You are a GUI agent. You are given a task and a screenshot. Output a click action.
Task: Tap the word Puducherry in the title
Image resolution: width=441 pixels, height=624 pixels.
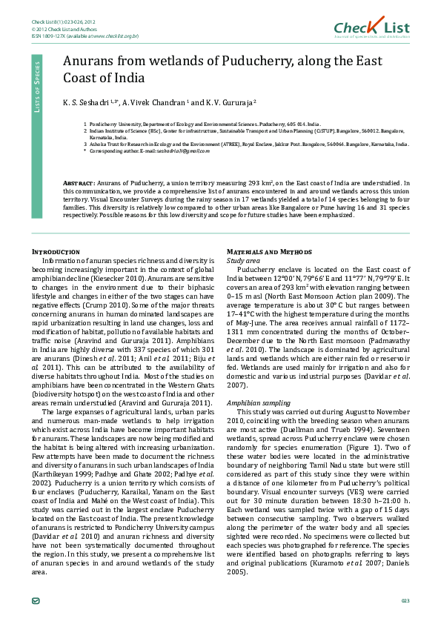click(x=239, y=62)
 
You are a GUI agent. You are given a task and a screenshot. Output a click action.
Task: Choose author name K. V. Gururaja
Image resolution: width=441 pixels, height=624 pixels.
click(x=227, y=102)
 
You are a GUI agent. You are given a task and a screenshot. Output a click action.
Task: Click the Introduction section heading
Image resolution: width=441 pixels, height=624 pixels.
click(x=55, y=251)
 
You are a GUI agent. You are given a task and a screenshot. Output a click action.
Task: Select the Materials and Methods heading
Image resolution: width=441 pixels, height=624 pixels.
click(x=269, y=251)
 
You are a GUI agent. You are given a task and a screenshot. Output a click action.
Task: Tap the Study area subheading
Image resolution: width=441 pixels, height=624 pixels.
click(x=243, y=261)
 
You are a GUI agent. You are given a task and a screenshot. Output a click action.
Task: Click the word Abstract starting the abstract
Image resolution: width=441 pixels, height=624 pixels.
click(x=79, y=182)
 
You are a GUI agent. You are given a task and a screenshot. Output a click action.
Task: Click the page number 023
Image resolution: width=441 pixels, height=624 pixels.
click(x=405, y=600)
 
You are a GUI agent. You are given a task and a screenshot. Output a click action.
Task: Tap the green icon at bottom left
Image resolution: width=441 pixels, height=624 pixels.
click(x=36, y=599)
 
